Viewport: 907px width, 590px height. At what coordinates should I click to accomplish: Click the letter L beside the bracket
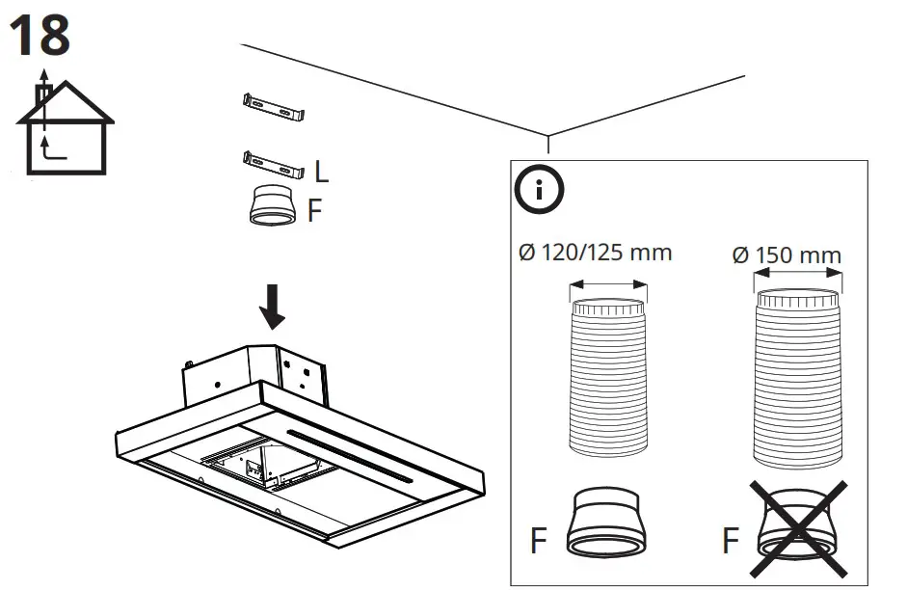[321, 173]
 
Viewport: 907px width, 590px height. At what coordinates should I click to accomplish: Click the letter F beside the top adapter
[315, 211]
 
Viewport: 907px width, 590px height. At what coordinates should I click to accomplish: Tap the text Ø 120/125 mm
[595, 253]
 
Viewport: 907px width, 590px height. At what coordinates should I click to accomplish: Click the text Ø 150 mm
[787, 255]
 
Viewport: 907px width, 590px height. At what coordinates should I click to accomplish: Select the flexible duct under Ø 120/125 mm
[608, 377]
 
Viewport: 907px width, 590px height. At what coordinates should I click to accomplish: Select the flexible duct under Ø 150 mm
[797, 371]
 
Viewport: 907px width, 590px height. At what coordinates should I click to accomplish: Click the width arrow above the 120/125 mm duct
[608, 283]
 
